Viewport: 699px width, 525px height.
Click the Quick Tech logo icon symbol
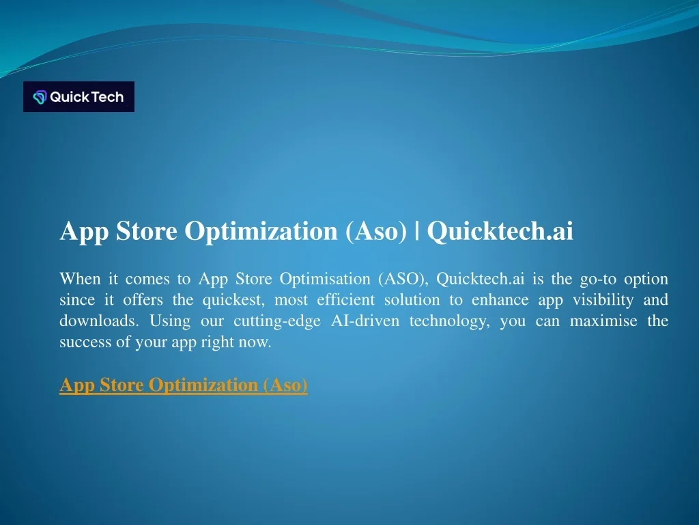tap(40, 97)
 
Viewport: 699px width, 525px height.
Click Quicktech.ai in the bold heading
tap(500, 232)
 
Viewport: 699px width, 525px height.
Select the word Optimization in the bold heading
tap(262, 232)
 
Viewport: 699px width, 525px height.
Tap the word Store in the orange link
tap(122, 385)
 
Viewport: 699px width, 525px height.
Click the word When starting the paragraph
tap(80, 279)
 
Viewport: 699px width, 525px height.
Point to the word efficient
tap(345, 300)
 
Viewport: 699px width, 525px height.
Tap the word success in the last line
tap(85, 342)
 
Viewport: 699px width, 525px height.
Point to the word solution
tap(412, 300)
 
